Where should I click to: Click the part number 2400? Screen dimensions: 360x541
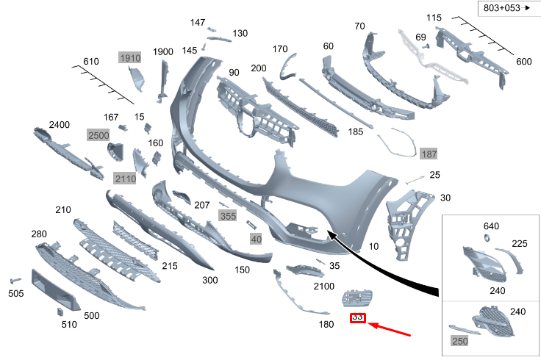[60, 125]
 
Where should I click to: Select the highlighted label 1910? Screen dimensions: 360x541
[129, 58]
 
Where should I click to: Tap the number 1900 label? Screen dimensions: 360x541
[163, 52]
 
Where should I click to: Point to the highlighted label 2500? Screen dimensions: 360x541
[98, 135]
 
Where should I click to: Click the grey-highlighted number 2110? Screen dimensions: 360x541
[125, 179]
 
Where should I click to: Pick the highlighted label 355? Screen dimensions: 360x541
[228, 216]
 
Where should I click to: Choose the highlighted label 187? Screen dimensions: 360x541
[429, 154]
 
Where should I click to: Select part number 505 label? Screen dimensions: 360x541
[15, 294]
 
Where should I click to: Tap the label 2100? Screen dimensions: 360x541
[324, 286]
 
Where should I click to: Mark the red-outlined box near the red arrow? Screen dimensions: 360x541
[358, 318]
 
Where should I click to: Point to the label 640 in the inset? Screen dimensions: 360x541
[491, 226]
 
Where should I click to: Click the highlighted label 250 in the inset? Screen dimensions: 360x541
[459, 342]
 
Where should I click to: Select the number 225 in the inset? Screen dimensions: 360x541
[519, 244]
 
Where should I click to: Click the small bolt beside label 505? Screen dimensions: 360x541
[15, 281]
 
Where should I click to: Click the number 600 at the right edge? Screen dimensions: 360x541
[523, 62]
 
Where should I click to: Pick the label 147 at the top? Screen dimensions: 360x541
[198, 23]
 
